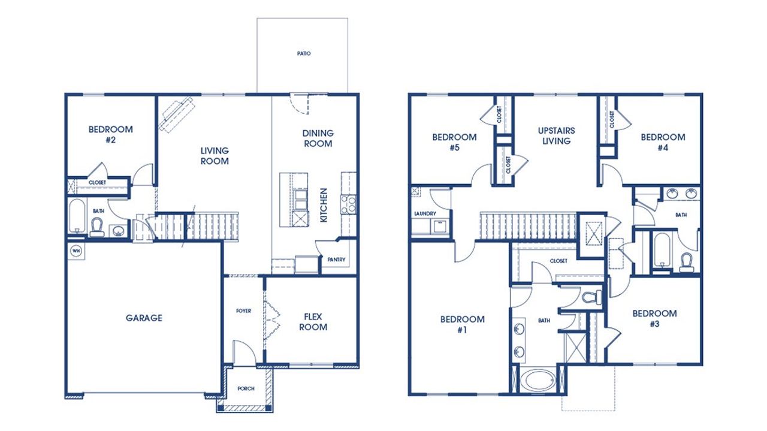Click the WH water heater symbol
pyautogui.click(x=76, y=251)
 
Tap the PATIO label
pyautogui.click(x=304, y=54)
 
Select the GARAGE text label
pyautogui.click(x=144, y=318)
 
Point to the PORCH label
pyautogui.click(x=246, y=388)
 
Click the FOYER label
pyautogui.click(x=243, y=311)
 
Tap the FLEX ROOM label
pyautogui.click(x=313, y=322)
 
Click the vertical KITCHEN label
pyautogui.click(x=324, y=206)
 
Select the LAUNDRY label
pyautogui.click(x=424, y=213)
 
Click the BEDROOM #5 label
pyautogui.click(x=455, y=141)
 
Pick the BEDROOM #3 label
pyautogui.click(x=654, y=318)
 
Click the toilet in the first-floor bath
pyautogui.click(x=96, y=226)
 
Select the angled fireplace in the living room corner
pyautogui.click(x=176, y=113)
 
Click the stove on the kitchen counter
pyautogui.click(x=349, y=205)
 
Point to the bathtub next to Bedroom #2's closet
pyautogui.click(x=76, y=216)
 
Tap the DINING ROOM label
pyautogui.click(x=318, y=138)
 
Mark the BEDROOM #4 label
pyautogui.click(x=663, y=141)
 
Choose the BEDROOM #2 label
pyautogui.click(x=111, y=134)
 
